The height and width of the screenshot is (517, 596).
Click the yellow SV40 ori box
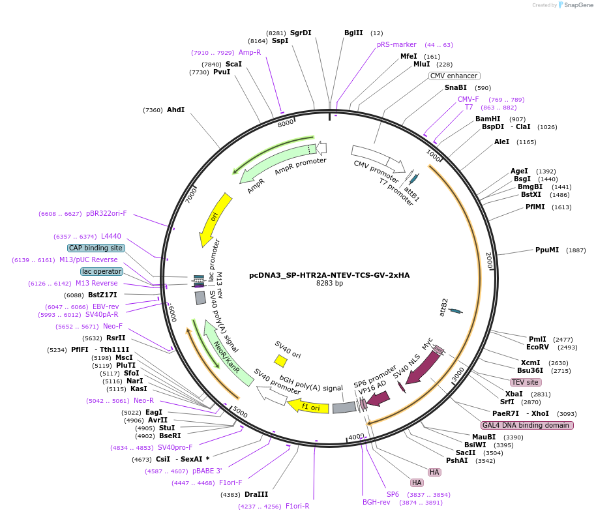(280, 361)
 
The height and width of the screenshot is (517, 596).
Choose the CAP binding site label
(96, 248)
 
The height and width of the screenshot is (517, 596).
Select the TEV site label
(525, 382)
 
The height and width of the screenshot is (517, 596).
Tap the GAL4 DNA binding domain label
(528, 425)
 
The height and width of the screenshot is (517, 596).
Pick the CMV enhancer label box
(454, 76)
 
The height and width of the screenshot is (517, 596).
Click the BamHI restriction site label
(488, 119)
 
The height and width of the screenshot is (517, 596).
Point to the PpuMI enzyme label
(547, 250)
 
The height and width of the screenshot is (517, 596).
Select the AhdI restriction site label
(176, 110)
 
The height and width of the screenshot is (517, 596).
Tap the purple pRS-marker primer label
(396, 45)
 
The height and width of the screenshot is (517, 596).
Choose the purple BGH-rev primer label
(376, 502)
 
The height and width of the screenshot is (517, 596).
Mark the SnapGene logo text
(577, 5)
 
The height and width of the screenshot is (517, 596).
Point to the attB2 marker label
(444, 305)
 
